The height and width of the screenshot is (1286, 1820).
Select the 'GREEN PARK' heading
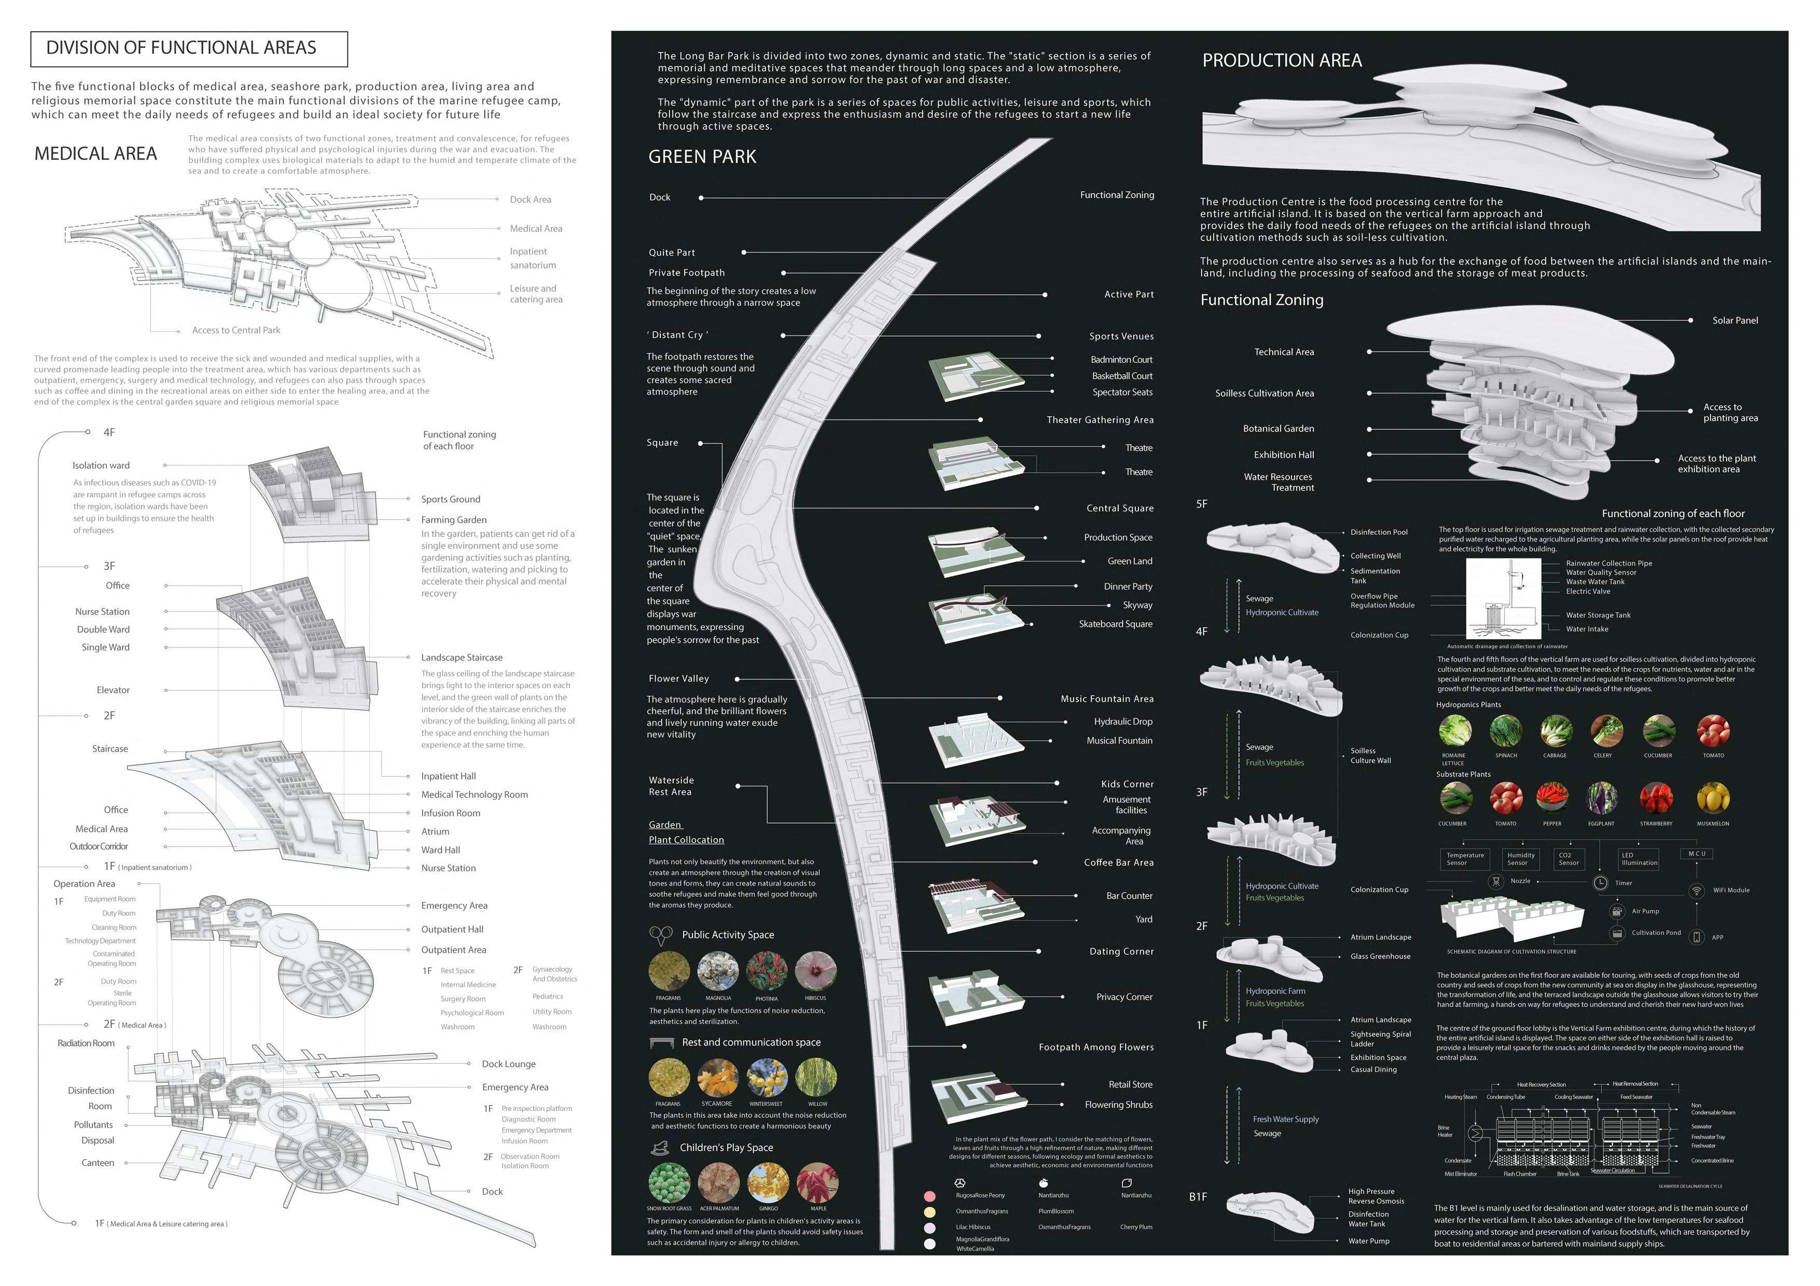point(702,157)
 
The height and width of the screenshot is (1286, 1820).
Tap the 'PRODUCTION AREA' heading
point(1282,61)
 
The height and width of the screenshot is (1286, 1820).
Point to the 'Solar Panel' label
point(1734,321)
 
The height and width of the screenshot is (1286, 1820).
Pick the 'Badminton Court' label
point(1121,360)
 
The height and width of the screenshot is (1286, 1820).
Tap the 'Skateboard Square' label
point(1115,625)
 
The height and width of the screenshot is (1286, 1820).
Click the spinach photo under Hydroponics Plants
point(1505,730)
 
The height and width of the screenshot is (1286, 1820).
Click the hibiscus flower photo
point(816,971)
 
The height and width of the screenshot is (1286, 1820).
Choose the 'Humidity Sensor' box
point(1520,859)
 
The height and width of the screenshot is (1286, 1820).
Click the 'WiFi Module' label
point(1730,891)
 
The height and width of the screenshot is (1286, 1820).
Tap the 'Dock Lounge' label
point(508,1064)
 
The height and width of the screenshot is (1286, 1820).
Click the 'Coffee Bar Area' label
point(1118,863)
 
